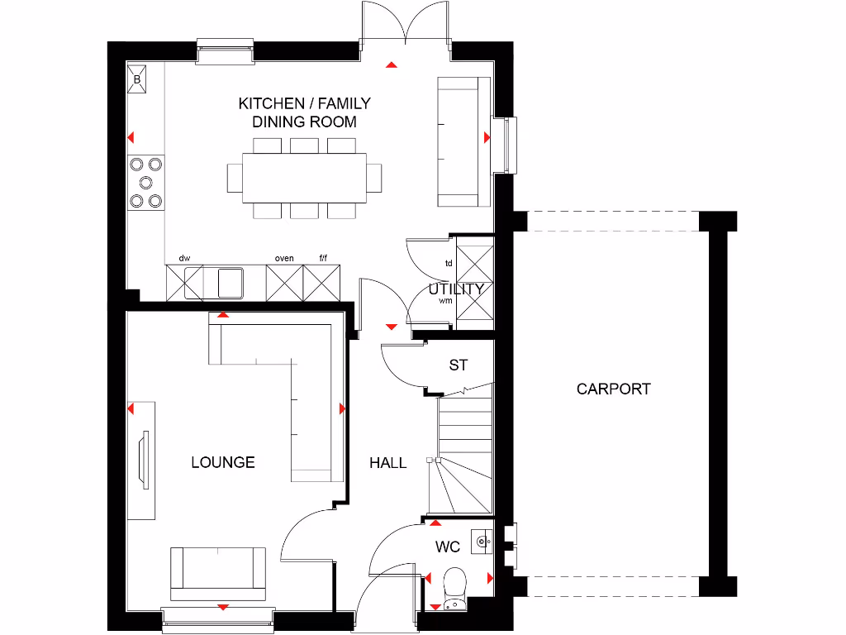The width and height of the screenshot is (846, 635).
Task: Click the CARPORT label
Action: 613,389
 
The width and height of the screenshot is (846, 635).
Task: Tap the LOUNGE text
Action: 223,462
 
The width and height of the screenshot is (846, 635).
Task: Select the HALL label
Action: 387,463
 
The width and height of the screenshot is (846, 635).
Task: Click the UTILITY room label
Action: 455,289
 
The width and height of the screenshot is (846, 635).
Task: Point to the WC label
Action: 448,547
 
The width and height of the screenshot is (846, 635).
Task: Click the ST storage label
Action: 459,365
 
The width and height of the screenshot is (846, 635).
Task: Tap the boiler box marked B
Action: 137,80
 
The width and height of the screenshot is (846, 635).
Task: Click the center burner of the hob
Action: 146,182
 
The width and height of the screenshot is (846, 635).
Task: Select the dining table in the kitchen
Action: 304,177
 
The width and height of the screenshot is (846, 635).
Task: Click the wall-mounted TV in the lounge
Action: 144,458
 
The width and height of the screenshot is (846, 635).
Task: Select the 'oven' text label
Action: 284,258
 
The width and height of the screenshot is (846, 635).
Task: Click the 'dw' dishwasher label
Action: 184,258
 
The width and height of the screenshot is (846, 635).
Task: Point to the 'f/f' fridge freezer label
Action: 323,258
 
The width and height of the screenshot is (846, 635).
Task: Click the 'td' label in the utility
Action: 449,264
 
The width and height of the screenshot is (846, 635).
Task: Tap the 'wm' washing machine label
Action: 446,301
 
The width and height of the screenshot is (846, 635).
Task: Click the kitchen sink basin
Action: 230,282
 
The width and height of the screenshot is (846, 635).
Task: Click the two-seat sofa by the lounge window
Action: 218,573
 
